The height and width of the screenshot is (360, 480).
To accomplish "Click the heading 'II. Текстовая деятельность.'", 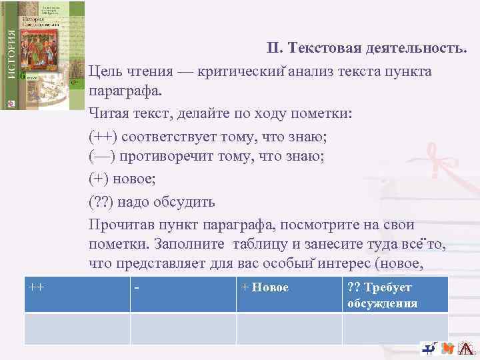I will click(x=371, y=49).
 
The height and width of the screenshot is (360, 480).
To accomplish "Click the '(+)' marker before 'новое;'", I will click(x=100, y=179).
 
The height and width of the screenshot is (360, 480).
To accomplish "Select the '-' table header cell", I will click(x=183, y=295).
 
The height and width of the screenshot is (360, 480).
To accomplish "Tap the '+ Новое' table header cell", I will click(x=289, y=295).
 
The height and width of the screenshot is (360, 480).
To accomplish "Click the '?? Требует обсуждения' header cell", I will click(x=395, y=295).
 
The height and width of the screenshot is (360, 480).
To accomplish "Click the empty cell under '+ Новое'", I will click(x=289, y=328).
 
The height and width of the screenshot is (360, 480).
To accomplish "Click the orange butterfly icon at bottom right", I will click(x=448, y=349).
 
